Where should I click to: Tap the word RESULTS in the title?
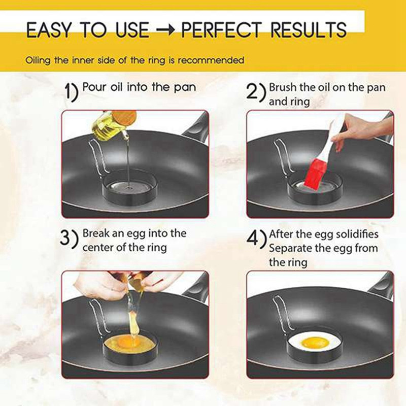tap(309, 30)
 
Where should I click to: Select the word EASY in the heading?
tap(48, 30)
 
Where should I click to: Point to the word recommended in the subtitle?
tap(211, 60)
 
